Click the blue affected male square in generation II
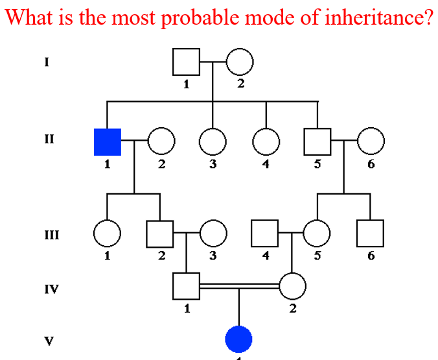108,142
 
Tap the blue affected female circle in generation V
238,339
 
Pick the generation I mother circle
239,62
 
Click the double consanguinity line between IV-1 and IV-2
239,285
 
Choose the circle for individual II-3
213,142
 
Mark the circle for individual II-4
266,142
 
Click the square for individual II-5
317,142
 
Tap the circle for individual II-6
371,142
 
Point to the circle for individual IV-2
292,285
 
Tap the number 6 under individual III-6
371,256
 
